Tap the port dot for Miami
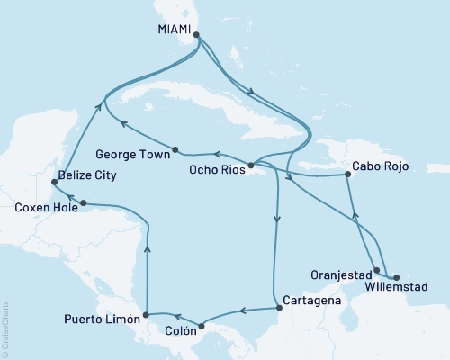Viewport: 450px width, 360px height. point(196,36)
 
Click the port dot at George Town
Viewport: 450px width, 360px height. point(175,149)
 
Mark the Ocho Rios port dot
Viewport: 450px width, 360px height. point(251,166)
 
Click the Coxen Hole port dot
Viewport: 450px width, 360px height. point(83,202)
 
